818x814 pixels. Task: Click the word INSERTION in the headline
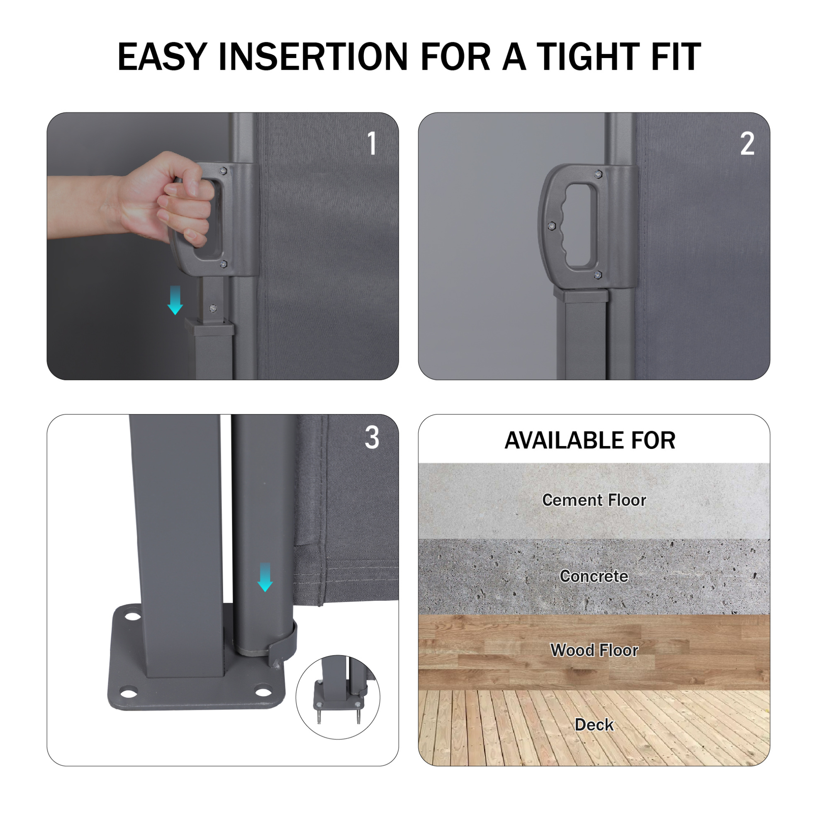coord(313,56)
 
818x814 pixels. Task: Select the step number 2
coord(747,144)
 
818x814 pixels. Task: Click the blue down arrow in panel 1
coord(175,300)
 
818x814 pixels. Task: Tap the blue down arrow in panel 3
coord(265,577)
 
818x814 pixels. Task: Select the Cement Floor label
coord(594,500)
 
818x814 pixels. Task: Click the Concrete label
coord(594,576)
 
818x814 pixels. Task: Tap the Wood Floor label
coord(594,650)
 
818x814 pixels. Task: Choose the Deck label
coord(594,725)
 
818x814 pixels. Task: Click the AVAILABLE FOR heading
coord(590,441)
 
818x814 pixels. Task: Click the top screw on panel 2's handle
coord(598,174)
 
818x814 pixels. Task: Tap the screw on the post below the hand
coord(213,308)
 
